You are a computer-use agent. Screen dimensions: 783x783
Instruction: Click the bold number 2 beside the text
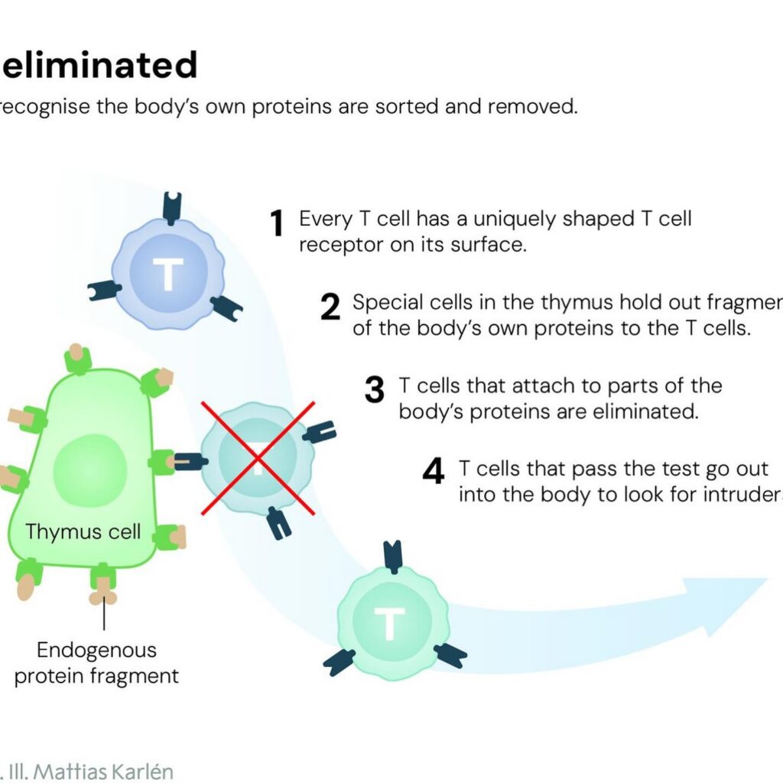coord(330,307)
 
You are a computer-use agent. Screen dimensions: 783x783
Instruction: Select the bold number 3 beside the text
coord(374,390)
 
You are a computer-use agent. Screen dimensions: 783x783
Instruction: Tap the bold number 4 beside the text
coord(433,473)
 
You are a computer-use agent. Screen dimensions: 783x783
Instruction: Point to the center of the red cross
coord(257,457)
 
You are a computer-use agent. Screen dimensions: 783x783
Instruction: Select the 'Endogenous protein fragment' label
coord(96,663)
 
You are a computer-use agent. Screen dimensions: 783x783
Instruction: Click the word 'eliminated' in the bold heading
coord(99,66)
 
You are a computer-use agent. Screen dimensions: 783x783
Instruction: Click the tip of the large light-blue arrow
coord(765,581)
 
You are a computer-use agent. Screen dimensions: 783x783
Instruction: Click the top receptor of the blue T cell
coord(172,206)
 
